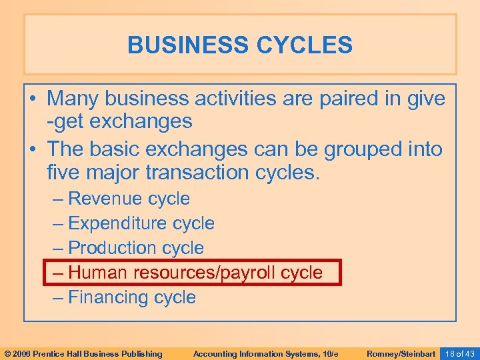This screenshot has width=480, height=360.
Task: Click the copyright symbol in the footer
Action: pyautogui.click(x=7, y=353)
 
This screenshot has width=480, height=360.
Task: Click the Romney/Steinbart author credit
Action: pyautogui.click(x=401, y=353)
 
